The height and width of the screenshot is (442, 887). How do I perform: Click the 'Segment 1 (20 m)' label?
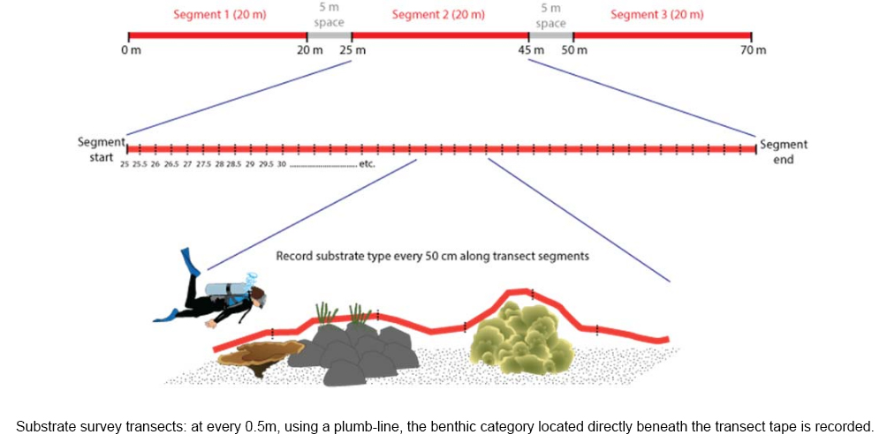[218, 16]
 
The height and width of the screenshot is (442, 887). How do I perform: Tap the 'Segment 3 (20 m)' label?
[661, 16]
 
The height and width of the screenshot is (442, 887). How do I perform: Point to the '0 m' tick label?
[131, 49]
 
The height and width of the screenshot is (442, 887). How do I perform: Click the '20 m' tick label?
[309, 49]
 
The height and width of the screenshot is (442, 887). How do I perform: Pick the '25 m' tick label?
[353, 49]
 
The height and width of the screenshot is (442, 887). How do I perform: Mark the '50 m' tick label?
[574, 49]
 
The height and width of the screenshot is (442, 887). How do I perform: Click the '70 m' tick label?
[753, 49]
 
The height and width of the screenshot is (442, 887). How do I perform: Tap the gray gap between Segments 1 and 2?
[330, 36]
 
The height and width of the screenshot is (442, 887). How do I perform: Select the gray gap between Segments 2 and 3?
[551, 36]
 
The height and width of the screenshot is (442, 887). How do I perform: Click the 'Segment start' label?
[96, 150]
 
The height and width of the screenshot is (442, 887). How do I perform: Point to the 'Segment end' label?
[783, 152]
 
